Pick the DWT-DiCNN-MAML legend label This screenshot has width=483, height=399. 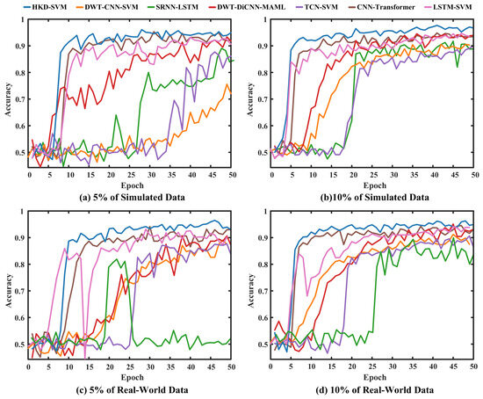tap(245, 7)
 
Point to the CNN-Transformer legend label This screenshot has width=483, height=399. tap(378, 7)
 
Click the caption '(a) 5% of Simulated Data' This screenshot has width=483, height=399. tap(132, 198)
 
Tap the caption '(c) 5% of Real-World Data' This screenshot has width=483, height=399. tap(132, 389)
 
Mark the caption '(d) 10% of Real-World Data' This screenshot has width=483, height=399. tap(375, 389)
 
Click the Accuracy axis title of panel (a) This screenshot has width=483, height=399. tap(8, 99)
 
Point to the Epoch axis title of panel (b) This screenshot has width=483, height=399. tap(375, 185)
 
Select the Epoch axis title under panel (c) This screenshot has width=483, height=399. tap(132, 377)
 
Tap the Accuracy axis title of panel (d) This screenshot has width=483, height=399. tap(251, 291)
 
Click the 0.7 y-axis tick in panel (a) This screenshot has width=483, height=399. tap(19, 99)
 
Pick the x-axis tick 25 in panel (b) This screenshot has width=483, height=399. tap(373, 175)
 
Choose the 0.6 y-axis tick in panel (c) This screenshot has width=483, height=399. tap(19, 317)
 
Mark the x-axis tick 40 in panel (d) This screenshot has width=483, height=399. tap(434, 366)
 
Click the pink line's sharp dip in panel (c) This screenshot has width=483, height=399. tap(85, 358)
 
